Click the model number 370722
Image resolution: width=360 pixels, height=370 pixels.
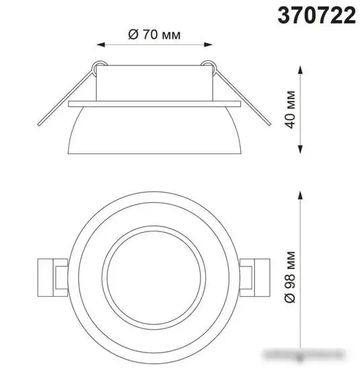(x=316, y=15)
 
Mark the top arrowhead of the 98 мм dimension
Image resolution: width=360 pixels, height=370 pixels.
(x=300, y=192)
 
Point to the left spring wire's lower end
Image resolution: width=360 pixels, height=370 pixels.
(x=38, y=128)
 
